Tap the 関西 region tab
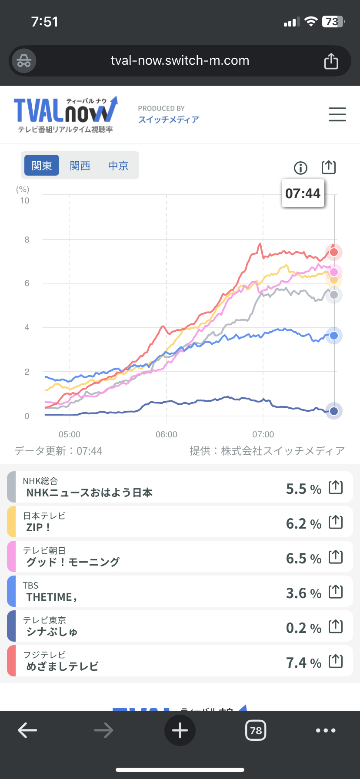tap(80, 166)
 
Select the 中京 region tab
tap(118, 166)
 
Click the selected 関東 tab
tap(42, 166)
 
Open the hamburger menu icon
tap(337, 114)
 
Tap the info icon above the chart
tap(300, 167)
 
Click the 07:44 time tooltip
tap(303, 193)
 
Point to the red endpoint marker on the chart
tap(334, 252)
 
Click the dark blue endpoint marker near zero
tap(334, 411)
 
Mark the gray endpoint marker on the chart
tap(334, 295)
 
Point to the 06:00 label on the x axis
tap(167, 434)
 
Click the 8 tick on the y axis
tap(27, 240)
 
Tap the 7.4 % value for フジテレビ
tap(303, 663)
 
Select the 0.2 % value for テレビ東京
tap(303, 628)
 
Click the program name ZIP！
tap(38, 528)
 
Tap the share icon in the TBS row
tap(336, 592)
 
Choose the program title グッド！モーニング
tap(73, 562)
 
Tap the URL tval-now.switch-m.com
tap(180, 60)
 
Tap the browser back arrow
tap(27, 730)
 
